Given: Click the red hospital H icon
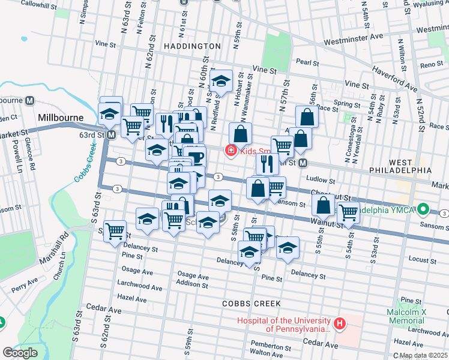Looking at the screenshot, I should point(340,325).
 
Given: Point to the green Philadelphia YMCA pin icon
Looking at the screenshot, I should point(424,209).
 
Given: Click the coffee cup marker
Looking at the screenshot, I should point(197,158).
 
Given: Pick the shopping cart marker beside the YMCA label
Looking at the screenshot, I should point(348,212).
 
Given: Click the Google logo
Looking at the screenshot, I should point(20,353).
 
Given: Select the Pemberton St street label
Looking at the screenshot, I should point(270,347).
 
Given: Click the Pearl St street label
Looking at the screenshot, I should point(306,62).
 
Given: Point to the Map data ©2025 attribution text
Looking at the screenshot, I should point(423,355).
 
